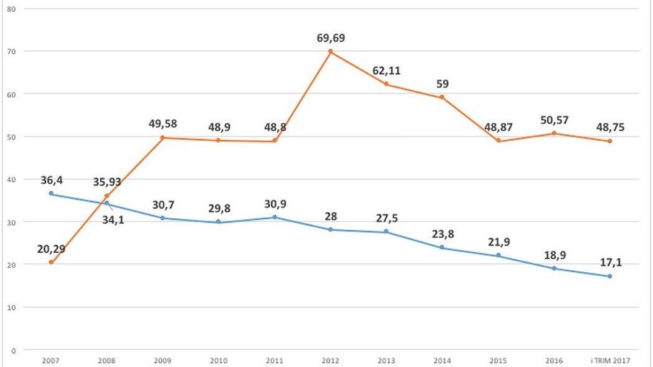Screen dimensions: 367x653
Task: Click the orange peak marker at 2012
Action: click(331, 52)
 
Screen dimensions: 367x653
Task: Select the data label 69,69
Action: click(331, 37)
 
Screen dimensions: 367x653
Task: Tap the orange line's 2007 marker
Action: click(50, 262)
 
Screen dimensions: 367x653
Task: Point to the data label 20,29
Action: click(50, 248)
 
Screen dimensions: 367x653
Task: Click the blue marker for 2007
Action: click(50, 194)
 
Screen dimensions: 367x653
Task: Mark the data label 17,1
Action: click(610, 262)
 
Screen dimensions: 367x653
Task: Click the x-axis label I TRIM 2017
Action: click(610, 361)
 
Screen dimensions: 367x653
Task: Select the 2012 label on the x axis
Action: click(331, 361)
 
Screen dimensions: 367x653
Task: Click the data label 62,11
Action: click(387, 70)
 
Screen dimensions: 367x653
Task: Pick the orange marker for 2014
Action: click(442, 97)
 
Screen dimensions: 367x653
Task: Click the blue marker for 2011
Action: click(275, 217)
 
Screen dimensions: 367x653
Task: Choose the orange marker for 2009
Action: click(163, 138)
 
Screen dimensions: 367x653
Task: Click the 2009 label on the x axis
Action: click(163, 361)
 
